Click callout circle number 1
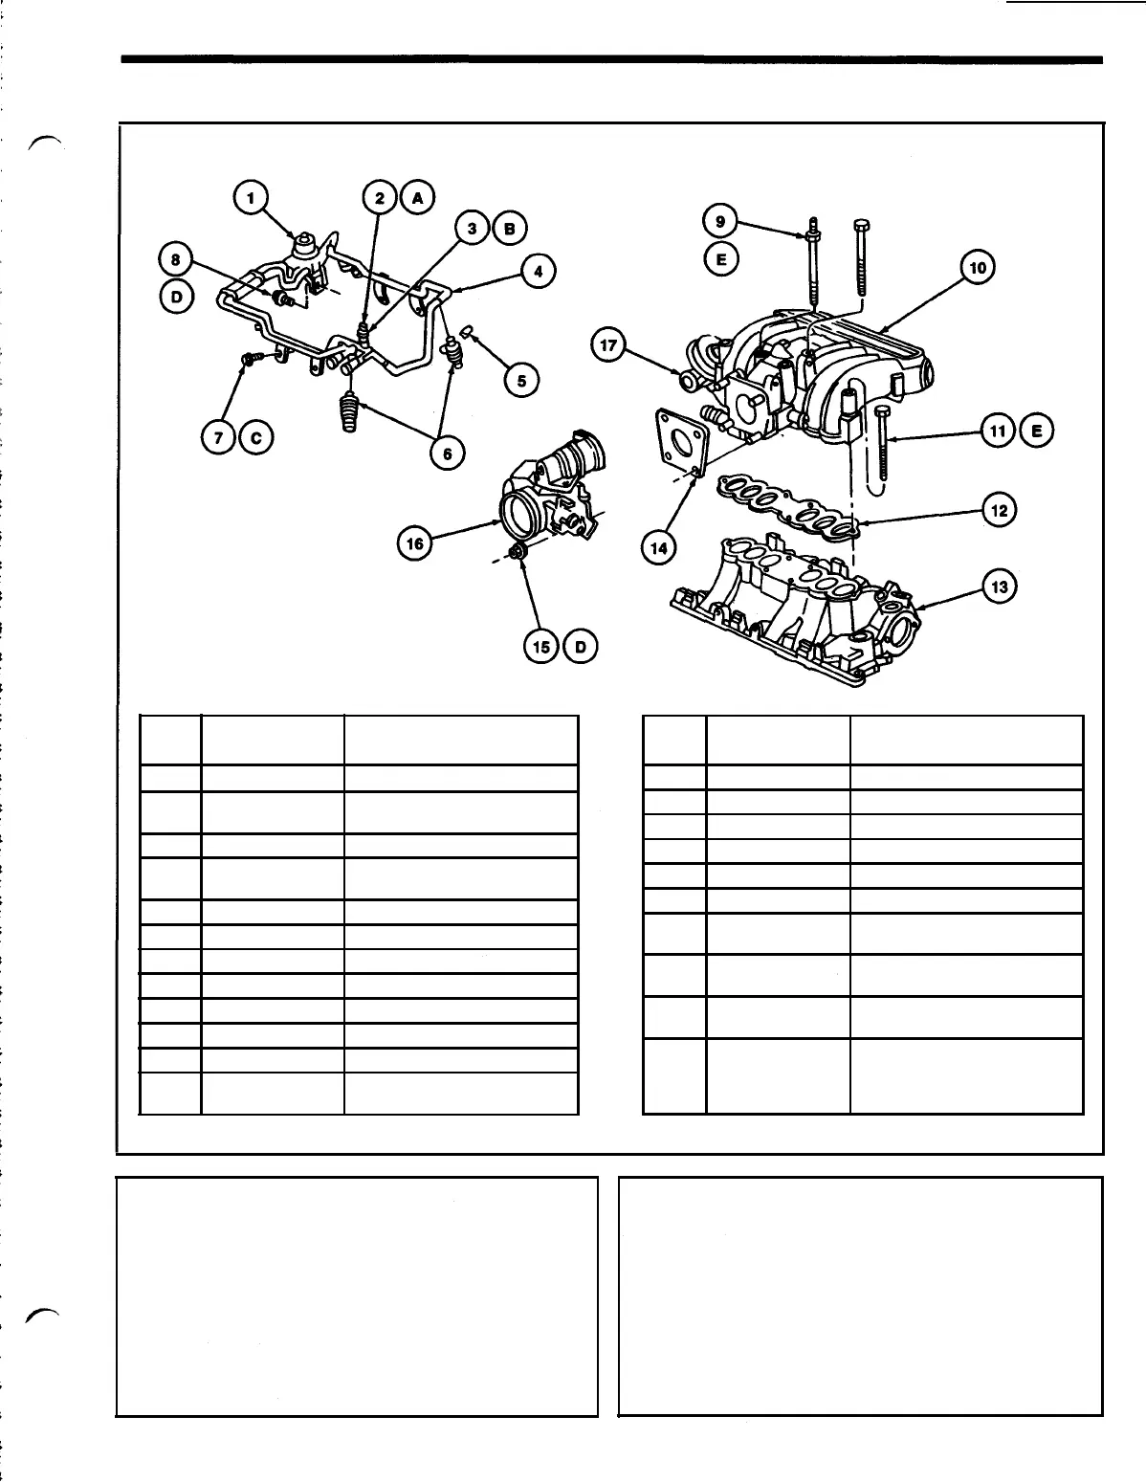click(x=251, y=198)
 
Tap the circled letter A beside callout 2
click(x=416, y=198)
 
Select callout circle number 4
click(x=539, y=272)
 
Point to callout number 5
click(x=521, y=381)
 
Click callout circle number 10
click(x=977, y=268)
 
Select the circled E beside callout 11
click(x=1036, y=432)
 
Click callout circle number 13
click(x=1000, y=587)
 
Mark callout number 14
click(x=660, y=547)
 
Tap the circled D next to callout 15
click(x=580, y=647)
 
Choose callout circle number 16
click(x=415, y=543)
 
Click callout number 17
click(x=608, y=345)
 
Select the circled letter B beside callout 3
click(x=509, y=228)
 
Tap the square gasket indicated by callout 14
click(x=681, y=441)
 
